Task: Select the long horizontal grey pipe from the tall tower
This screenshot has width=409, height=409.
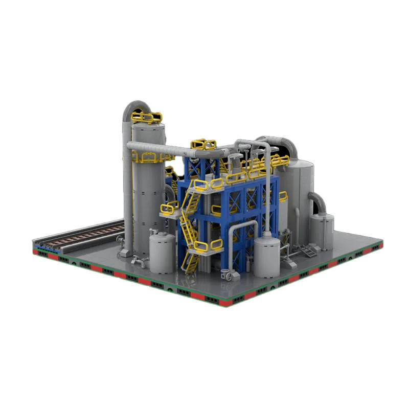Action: point(174,150)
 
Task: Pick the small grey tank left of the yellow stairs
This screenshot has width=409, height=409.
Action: point(163,248)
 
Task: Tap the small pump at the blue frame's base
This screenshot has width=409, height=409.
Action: point(229,275)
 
